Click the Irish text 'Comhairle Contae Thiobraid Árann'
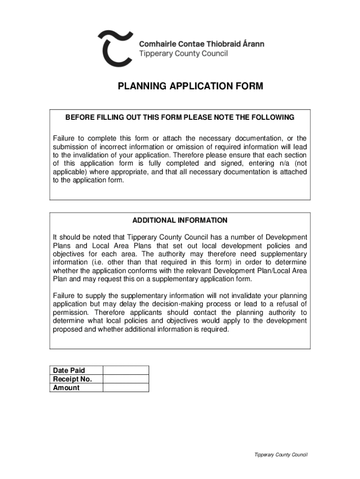[202, 44]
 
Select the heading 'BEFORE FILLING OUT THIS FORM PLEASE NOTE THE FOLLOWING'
[180, 117]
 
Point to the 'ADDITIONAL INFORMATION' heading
[180, 220]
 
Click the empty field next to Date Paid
[125, 370]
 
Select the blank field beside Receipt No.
[125, 379]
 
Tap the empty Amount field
[125, 387]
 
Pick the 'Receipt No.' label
[72, 379]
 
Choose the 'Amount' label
[66, 387]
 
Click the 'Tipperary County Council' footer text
[281, 455]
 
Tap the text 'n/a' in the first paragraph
[280, 163]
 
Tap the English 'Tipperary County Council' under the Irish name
[184, 54]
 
